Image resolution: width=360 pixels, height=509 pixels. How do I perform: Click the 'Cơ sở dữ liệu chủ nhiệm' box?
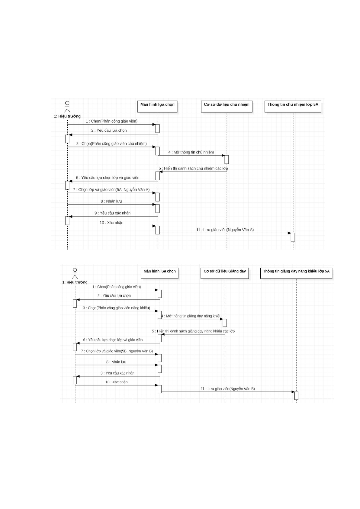(227, 106)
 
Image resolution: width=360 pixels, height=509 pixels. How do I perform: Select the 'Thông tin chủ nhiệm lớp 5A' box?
(293, 106)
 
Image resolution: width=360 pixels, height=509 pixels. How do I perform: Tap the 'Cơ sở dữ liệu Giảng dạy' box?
(225, 273)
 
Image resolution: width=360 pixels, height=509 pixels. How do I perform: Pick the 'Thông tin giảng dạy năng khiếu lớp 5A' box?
(296, 273)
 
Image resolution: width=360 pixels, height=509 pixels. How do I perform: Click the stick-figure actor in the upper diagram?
(67, 107)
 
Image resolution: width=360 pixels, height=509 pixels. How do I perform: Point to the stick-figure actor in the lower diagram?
(75, 273)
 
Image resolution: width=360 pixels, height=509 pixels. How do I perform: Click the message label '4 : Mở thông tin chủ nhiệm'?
(191, 152)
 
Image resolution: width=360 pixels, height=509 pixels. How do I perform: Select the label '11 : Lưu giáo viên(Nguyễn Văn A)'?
(225, 230)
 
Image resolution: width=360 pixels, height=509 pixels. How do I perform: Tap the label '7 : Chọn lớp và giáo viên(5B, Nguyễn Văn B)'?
(117, 351)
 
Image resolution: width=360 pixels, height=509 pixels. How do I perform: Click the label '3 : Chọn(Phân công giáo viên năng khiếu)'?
(116, 308)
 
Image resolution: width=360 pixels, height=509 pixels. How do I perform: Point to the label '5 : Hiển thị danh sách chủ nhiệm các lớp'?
(193, 168)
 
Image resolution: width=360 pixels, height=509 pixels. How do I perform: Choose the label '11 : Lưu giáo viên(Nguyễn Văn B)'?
(228, 389)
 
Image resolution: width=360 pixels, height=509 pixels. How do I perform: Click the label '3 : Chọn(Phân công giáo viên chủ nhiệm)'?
(111, 143)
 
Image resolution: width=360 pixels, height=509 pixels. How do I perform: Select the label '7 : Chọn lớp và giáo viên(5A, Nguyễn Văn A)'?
(111, 190)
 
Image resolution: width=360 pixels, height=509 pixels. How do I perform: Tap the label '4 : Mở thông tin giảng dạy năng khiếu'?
(191, 316)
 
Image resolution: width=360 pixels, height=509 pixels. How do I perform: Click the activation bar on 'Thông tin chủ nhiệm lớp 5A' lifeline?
(293, 237)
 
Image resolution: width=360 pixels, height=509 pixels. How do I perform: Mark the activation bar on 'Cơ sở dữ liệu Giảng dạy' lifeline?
(225, 323)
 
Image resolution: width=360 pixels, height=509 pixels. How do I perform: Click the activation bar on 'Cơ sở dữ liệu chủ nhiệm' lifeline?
(227, 159)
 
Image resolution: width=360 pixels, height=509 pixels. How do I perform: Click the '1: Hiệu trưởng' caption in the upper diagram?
(67, 116)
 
